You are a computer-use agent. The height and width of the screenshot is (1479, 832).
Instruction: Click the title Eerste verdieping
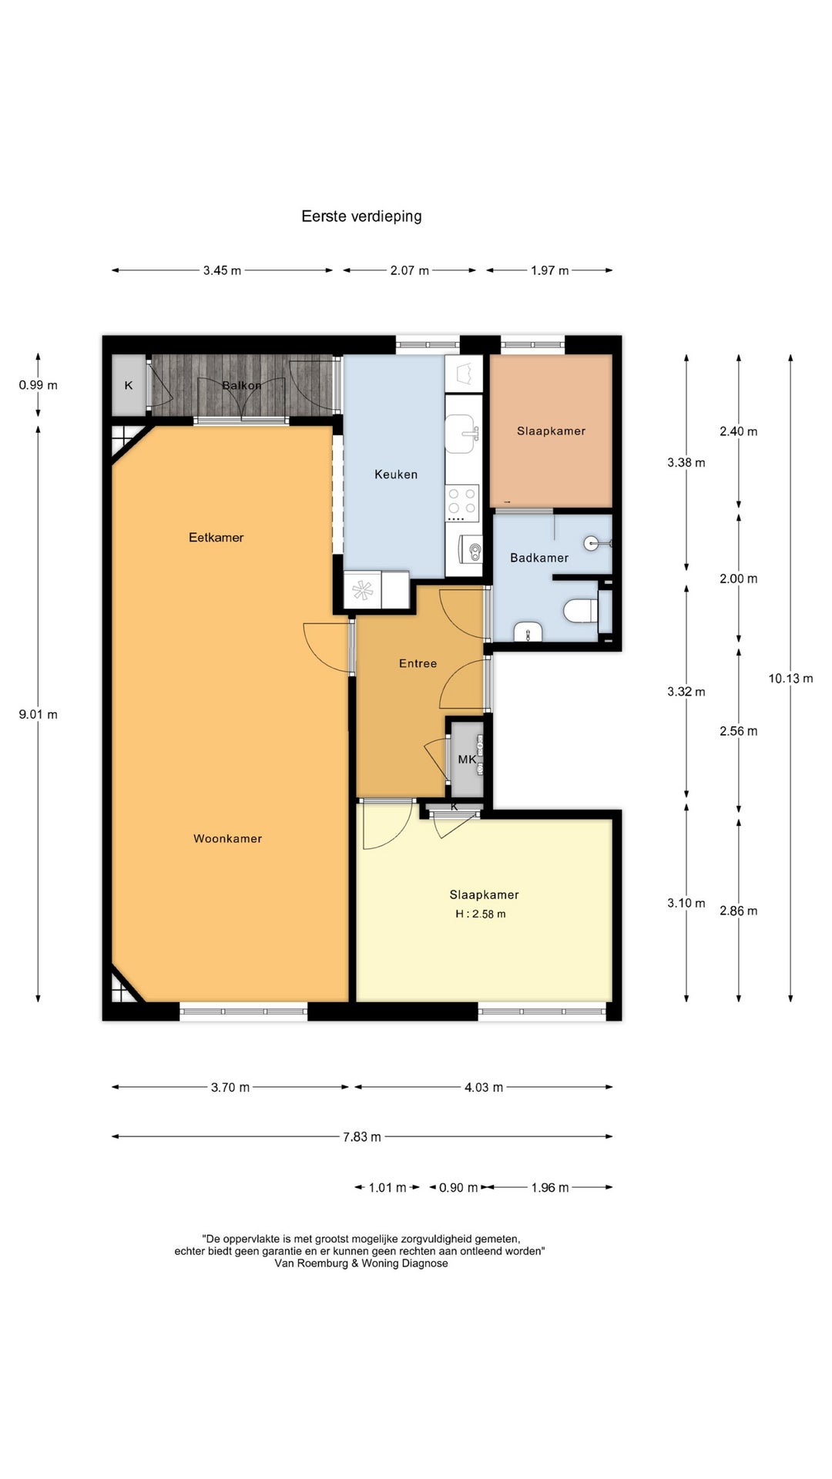pos(361,216)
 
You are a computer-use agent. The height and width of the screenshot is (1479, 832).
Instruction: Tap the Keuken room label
pos(396,475)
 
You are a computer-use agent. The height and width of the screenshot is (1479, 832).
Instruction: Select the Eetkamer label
pos(216,538)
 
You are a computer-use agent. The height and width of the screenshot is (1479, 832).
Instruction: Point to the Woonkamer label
pos(228,839)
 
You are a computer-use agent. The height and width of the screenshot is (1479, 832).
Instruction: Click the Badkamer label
pos(539,558)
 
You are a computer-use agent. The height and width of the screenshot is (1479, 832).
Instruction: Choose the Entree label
pos(418,663)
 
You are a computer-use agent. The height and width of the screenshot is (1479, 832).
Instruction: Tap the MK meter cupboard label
pos(467,760)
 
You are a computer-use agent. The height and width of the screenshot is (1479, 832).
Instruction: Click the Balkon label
pos(242,385)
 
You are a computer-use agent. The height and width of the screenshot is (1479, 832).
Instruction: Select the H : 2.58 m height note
pos(481,914)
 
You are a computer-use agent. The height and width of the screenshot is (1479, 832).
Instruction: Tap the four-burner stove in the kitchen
pos(462,500)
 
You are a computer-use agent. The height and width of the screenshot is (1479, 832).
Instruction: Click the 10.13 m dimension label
pos(790,679)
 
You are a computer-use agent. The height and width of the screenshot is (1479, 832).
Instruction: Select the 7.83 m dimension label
pos(362,1137)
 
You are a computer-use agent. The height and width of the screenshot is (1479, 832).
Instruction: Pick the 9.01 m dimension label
pos(39,715)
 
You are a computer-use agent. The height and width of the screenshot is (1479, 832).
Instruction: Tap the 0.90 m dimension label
pos(458,1188)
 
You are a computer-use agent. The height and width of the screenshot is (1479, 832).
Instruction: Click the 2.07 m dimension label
pos(410,271)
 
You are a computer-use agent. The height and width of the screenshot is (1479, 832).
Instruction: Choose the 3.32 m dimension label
pos(686,692)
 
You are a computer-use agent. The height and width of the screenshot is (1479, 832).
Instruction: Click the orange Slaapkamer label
pos(551,431)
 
